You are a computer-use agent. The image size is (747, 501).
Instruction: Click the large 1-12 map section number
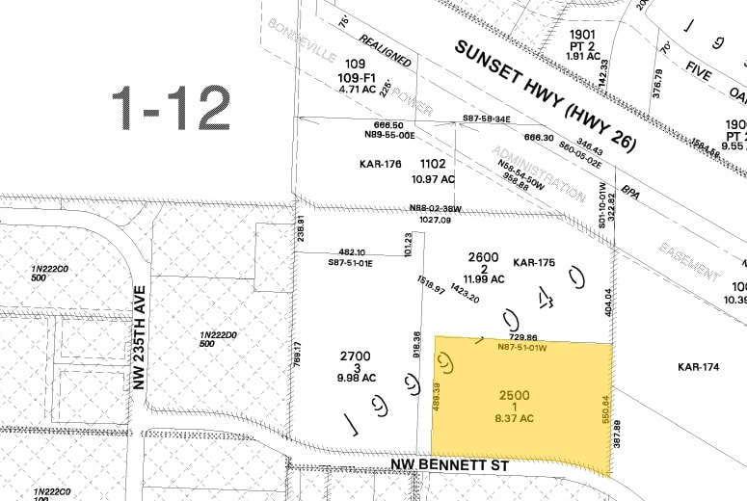(x=171, y=107)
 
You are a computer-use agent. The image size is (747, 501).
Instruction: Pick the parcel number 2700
(x=355, y=356)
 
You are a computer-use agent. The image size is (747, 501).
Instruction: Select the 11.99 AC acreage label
(x=485, y=278)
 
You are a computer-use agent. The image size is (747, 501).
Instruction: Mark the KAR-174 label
(x=700, y=366)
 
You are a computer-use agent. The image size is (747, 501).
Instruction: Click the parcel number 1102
(x=433, y=164)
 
